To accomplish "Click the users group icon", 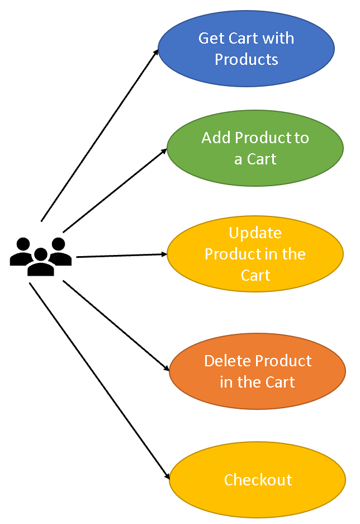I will tap(41, 257).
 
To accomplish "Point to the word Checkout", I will tap(258, 480).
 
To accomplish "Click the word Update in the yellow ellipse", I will tap(255, 233).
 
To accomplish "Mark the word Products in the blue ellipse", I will tap(247, 59).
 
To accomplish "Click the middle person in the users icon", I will tap(41, 262).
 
